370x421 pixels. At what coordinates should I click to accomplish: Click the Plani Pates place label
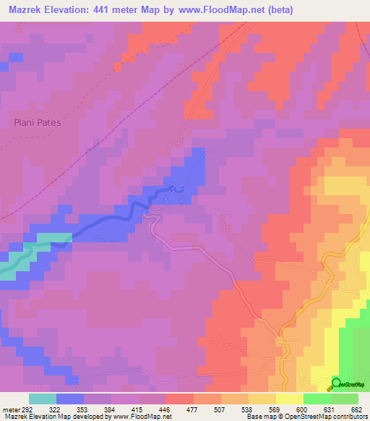pos(38,122)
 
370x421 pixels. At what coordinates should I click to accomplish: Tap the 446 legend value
pos(165,409)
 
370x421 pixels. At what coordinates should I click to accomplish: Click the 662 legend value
pos(355,409)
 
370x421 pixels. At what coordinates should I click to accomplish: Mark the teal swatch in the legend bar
pos(42,399)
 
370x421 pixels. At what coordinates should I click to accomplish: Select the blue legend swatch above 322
pos(69,399)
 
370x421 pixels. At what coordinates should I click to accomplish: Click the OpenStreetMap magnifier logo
pos(337,383)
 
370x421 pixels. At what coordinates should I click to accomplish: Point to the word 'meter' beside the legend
pos(8,409)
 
